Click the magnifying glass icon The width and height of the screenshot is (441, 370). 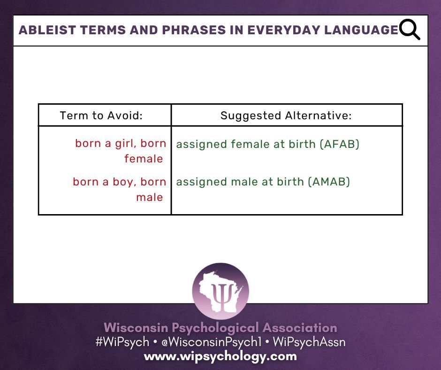tap(410, 30)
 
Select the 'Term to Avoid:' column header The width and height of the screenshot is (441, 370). tap(101, 116)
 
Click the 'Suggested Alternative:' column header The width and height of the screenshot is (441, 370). tap(286, 116)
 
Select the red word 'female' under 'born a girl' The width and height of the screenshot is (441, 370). tap(144, 159)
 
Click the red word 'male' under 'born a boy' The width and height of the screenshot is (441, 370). tap(150, 197)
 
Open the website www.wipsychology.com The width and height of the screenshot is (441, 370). tap(220, 356)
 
